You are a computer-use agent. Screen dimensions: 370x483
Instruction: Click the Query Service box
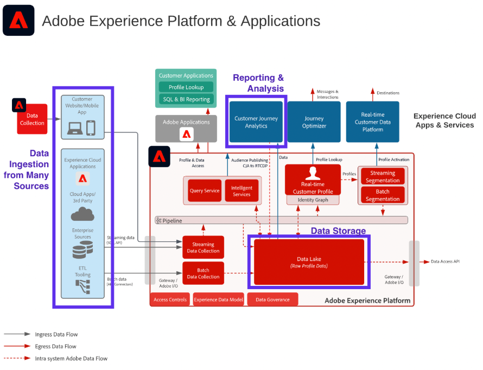click(205, 190)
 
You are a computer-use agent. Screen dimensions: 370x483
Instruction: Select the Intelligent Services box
click(241, 190)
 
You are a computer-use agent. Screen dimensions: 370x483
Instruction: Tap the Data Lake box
click(309, 262)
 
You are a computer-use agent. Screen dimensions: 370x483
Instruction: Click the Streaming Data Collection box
click(203, 247)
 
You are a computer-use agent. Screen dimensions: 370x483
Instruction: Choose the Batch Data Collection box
click(203, 273)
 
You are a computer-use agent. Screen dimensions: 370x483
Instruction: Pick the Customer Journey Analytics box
click(256, 122)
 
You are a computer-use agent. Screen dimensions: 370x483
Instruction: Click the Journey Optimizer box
click(314, 122)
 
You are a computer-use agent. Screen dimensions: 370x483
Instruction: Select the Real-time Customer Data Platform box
click(372, 122)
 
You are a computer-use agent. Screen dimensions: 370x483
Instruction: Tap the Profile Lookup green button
click(186, 87)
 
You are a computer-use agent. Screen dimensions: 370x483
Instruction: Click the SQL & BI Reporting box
click(186, 99)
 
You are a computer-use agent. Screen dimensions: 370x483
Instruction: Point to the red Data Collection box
click(32, 119)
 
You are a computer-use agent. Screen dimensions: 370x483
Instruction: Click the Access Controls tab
click(170, 299)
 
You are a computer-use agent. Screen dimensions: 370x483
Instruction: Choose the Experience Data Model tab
click(218, 299)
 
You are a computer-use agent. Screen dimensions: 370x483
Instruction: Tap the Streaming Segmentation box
click(383, 177)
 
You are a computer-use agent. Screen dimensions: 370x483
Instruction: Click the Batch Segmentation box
click(383, 195)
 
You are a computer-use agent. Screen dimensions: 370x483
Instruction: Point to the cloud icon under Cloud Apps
click(82, 213)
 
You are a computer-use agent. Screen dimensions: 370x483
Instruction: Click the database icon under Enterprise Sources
click(82, 251)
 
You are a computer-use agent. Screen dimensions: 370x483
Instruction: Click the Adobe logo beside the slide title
click(18, 21)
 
